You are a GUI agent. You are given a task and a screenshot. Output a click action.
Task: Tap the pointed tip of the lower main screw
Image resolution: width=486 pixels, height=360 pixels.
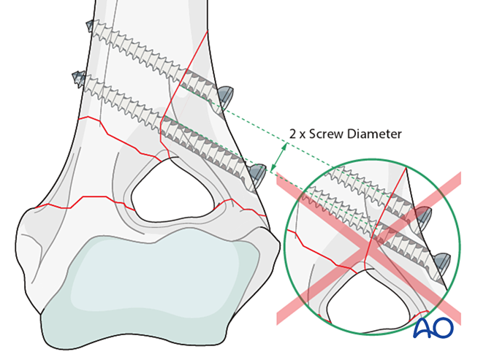tap(75, 75)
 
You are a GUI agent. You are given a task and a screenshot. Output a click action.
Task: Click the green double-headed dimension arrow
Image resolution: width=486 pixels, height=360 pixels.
tap(278, 157)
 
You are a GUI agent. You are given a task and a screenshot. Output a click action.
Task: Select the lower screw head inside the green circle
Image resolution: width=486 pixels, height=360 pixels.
tap(442, 258)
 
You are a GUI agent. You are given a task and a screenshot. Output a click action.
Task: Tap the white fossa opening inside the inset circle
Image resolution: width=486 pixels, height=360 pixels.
tap(358, 292)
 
